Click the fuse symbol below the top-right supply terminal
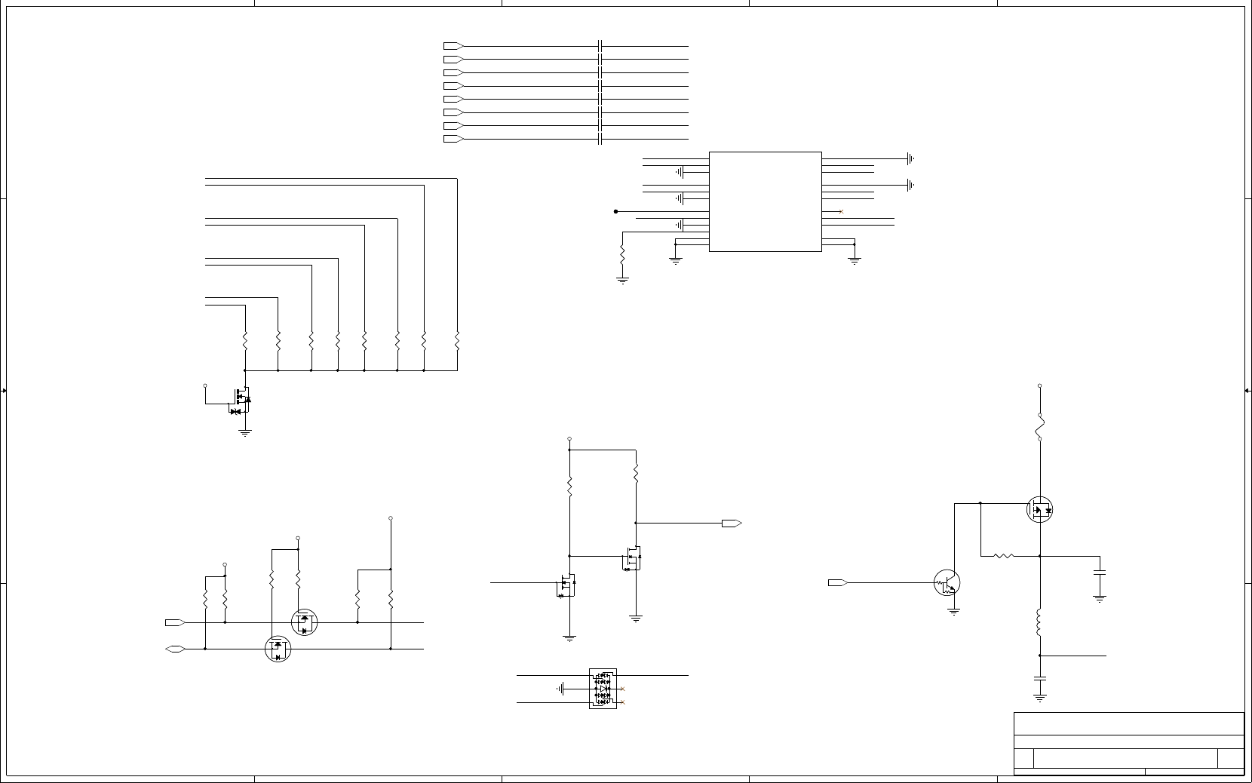point(1039,427)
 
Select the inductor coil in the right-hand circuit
point(1039,622)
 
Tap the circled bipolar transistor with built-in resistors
point(947,582)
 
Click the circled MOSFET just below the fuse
point(1039,510)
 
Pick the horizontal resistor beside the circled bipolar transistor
point(1003,556)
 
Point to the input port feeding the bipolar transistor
point(838,582)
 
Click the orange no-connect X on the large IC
point(841,212)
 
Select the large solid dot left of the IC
point(615,211)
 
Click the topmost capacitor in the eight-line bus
point(600,46)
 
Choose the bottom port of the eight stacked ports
point(453,139)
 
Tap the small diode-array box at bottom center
point(603,689)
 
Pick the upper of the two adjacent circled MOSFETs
point(304,622)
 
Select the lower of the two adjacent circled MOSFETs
point(278,648)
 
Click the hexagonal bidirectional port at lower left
point(175,649)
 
